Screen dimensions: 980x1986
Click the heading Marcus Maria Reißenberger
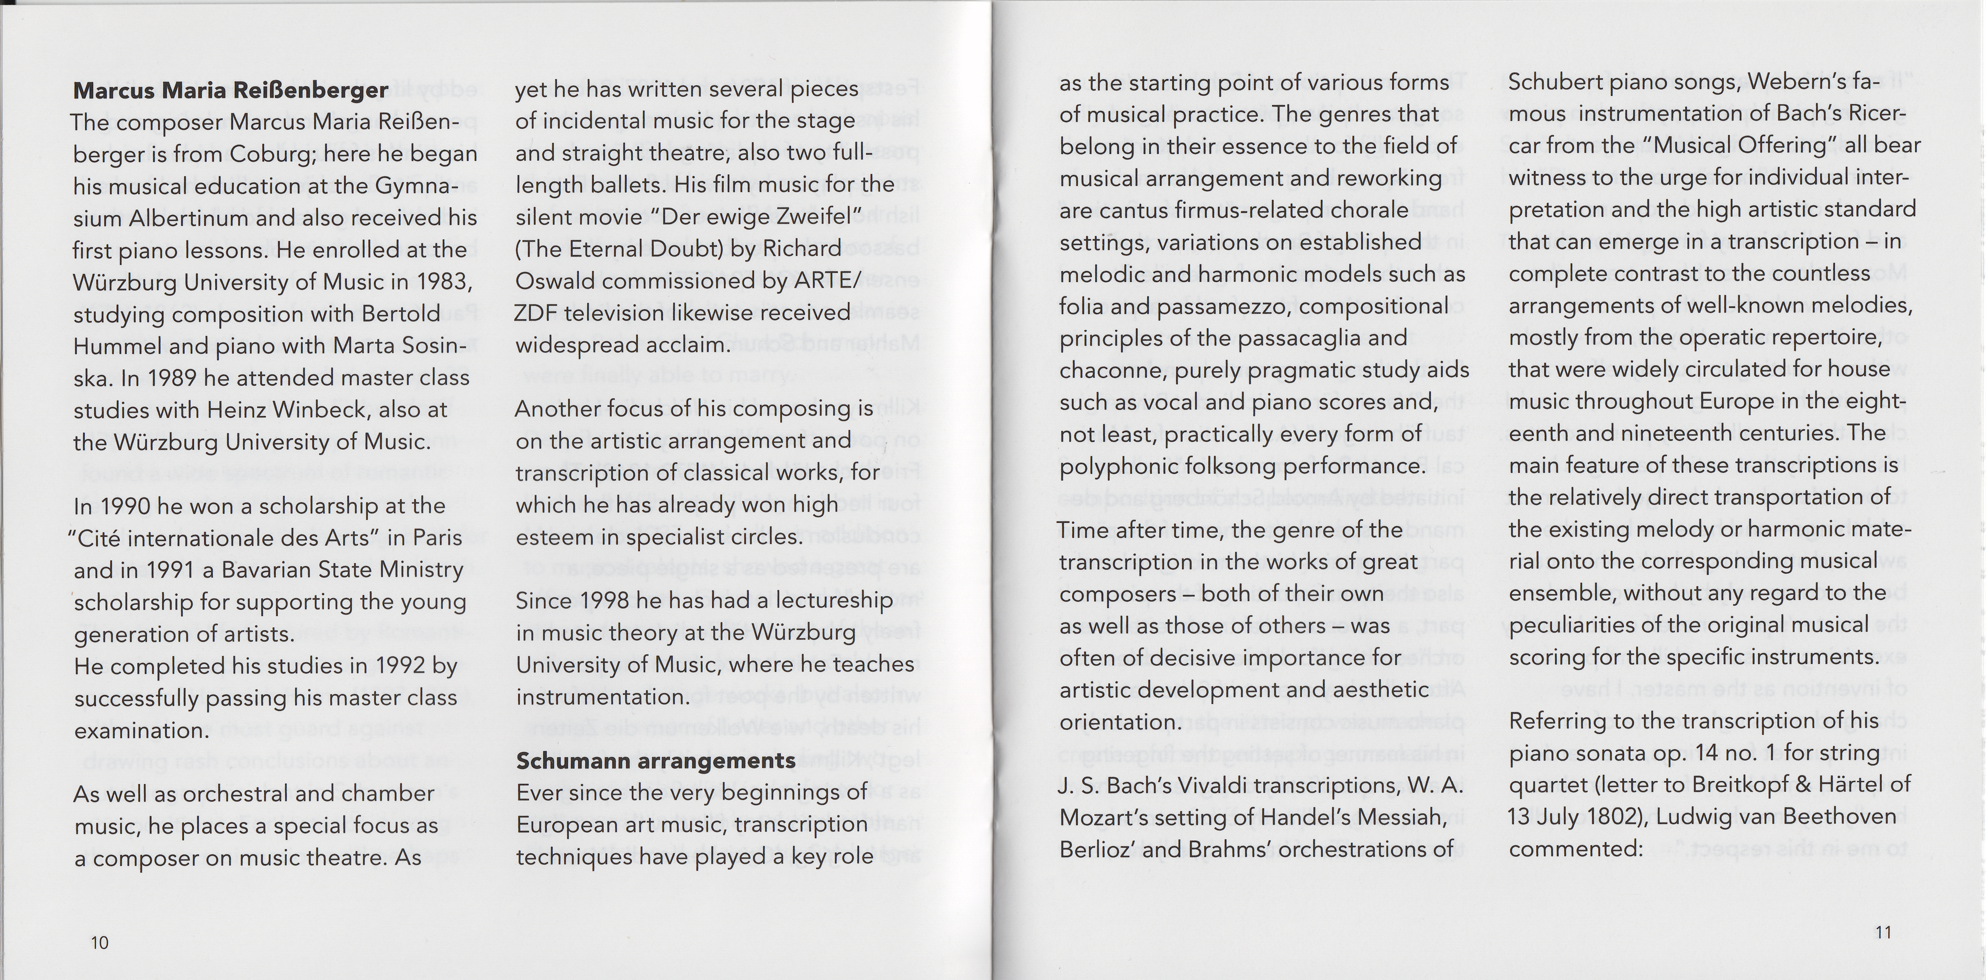coord(230,90)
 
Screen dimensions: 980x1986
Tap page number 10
coord(99,942)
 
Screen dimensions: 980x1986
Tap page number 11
coord(1883,932)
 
